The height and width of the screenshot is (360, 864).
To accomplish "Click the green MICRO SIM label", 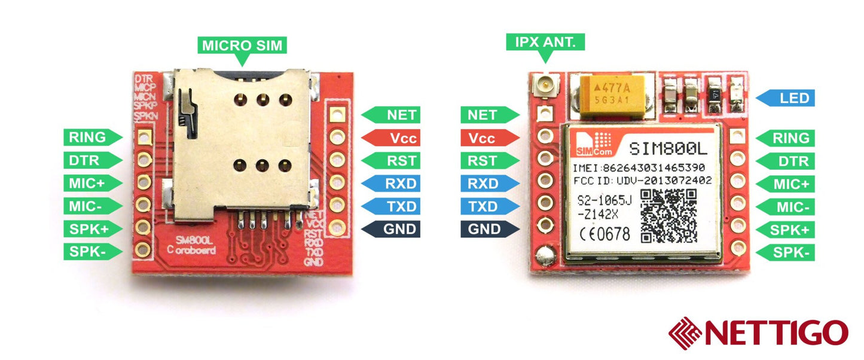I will click(242, 45).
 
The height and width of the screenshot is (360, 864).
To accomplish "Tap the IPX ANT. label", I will click(545, 42).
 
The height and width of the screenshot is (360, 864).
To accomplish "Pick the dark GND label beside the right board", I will click(489, 229).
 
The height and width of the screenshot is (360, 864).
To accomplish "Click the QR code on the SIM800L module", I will click(669, 216).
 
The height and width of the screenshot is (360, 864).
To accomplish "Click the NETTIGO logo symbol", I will click(687, 333).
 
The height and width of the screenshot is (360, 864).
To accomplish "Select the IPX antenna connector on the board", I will click(545, 84).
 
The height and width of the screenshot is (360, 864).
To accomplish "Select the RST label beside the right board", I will click(489, 160).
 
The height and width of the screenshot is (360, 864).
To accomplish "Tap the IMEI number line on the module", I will click(639, 167).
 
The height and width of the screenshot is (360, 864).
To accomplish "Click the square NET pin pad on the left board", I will click(338, 113).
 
